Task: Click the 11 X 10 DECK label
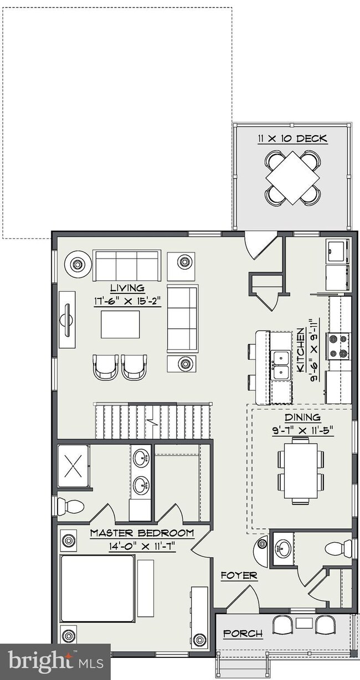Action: point(292,139)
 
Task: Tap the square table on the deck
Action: point(292,178)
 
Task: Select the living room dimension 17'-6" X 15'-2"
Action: point(127,301)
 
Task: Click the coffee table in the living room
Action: point(120,324)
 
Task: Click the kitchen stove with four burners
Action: point(338,346)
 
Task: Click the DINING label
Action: point(302,418)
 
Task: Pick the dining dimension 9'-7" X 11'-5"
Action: point(302,430)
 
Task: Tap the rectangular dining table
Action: point(301,471)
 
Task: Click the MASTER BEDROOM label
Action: point(142,533)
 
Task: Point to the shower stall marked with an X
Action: point(74,466)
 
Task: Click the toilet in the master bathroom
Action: point(70,506)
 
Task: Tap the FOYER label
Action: point(239,575)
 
